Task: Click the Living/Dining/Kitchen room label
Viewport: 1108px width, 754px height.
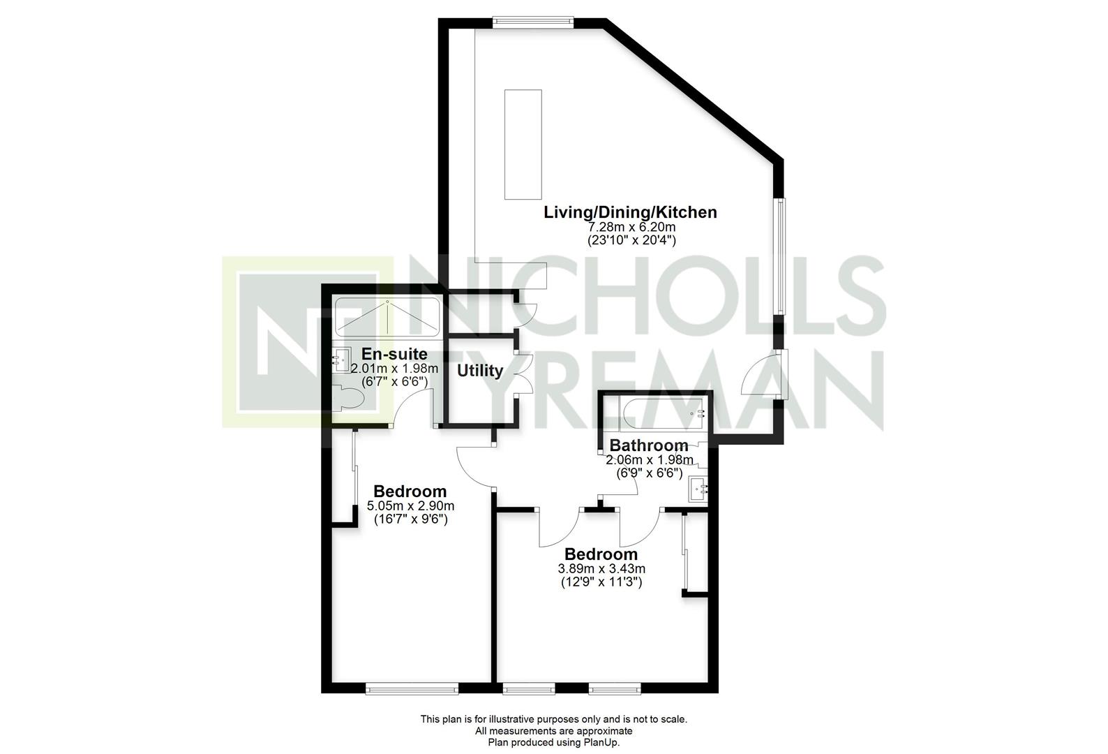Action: pos(630,212)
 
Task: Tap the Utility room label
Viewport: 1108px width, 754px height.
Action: pos(480,370)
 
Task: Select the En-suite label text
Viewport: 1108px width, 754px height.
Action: pos(394,354)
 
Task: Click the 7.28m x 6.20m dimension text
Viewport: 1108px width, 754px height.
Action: pos(631,227)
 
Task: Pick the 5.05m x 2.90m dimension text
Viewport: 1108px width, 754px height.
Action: pos(410,506)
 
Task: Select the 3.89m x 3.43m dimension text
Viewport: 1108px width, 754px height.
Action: pos(601,569)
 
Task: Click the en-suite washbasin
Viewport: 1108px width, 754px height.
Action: pos(340,360)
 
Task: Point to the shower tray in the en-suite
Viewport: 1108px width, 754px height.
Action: pos(387,318)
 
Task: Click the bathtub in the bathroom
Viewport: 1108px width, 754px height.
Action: pos(664,413)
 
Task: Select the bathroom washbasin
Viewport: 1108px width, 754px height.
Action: pos(698,490)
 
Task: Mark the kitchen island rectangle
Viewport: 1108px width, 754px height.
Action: pos(523,145)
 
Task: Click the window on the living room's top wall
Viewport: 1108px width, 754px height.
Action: pos(533,21)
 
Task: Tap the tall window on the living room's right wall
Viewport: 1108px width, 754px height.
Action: pos(779,256)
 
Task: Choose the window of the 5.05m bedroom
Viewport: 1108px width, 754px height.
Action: pos(412,688)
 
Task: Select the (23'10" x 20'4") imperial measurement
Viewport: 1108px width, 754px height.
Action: pos(631,241)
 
